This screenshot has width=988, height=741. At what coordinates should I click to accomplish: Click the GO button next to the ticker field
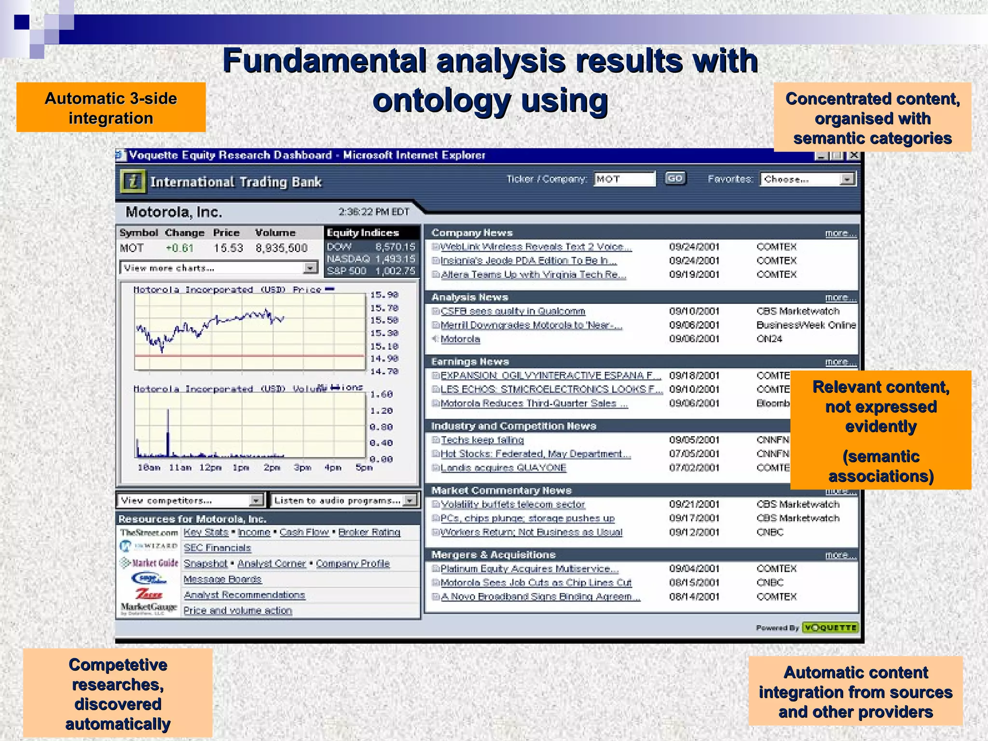click(x=675, y=179)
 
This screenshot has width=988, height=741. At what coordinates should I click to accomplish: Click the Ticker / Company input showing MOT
click(x=624, y=179)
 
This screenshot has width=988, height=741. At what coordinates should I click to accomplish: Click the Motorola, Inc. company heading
click(x=174, y=212)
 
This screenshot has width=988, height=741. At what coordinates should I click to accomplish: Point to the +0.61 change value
click(x=179, y=248)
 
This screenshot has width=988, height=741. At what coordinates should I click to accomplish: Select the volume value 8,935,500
click(x=281, y=248)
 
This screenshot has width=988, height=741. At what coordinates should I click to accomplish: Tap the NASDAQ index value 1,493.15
click(x=395, y=259)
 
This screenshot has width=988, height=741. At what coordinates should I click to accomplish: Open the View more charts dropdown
click(x=219, y=268)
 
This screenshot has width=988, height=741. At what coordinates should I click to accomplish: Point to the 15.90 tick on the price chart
click(x=384, y=295)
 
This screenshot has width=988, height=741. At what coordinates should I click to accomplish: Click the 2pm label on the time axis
click(x=272, y=467)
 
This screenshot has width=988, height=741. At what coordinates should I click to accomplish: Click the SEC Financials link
click(x=217, y=548)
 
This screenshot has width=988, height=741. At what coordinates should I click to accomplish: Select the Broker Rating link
click(x=369, y=532)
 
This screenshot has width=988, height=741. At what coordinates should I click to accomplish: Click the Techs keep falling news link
click(x=482, y=440)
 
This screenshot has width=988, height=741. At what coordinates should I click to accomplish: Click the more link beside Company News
click(x=840, y=233)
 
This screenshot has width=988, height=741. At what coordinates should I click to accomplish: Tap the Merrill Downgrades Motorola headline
click(x=531, y=325)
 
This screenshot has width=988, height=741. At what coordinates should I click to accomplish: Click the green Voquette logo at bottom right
click(x=830, y=628)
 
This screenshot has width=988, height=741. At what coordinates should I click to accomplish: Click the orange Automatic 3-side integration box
click(x=111, y=108)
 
